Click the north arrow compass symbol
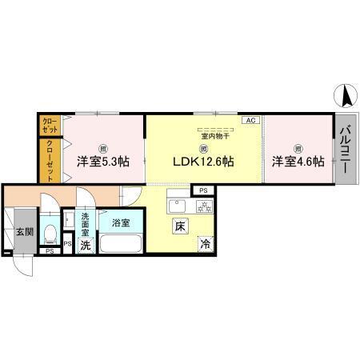346,97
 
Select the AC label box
250,120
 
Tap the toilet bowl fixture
50,234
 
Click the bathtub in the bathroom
122,245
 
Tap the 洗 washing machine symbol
85,246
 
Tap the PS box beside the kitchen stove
202,190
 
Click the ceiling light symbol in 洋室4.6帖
297,147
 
